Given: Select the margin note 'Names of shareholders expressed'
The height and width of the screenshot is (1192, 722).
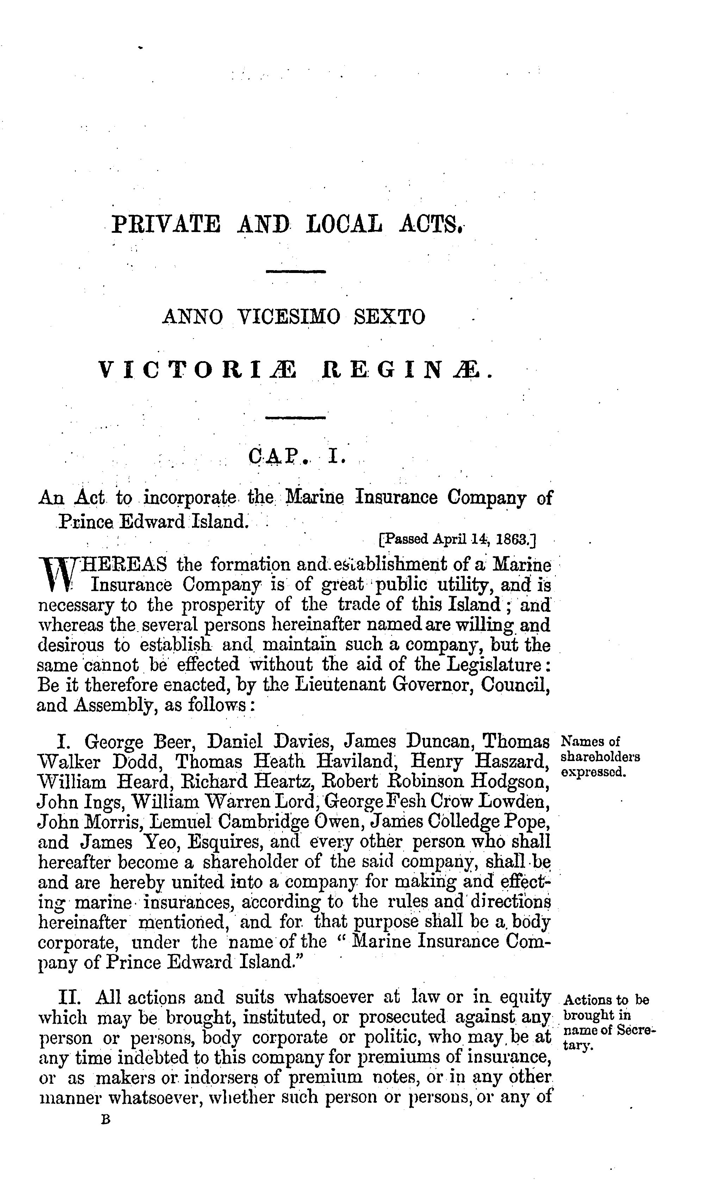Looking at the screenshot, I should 599,756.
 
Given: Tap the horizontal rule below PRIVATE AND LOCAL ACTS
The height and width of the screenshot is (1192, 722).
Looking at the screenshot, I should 296,272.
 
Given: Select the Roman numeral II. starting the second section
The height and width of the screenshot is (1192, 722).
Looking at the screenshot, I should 71,998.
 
